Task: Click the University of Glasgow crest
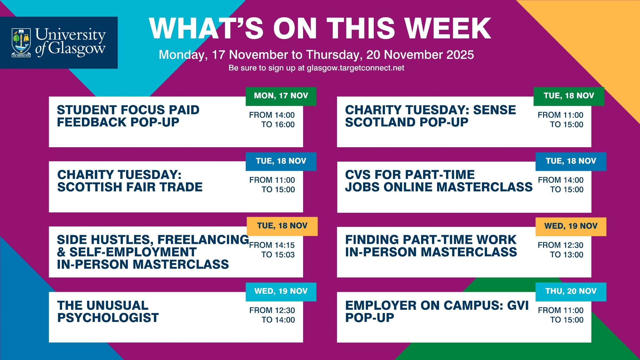21,43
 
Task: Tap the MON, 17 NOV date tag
281,96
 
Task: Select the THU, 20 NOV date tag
571,292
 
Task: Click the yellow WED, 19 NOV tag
571,227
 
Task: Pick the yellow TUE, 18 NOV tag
282,226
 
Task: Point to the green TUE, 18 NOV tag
569,96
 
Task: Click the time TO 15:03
278,255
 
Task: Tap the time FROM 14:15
272,245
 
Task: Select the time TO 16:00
278,124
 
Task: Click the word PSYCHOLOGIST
108,318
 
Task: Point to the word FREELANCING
203,240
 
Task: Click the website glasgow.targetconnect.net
356,68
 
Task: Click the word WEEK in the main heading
448,28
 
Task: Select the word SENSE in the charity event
494,110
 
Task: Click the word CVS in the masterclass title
358,175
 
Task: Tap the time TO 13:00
567,255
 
